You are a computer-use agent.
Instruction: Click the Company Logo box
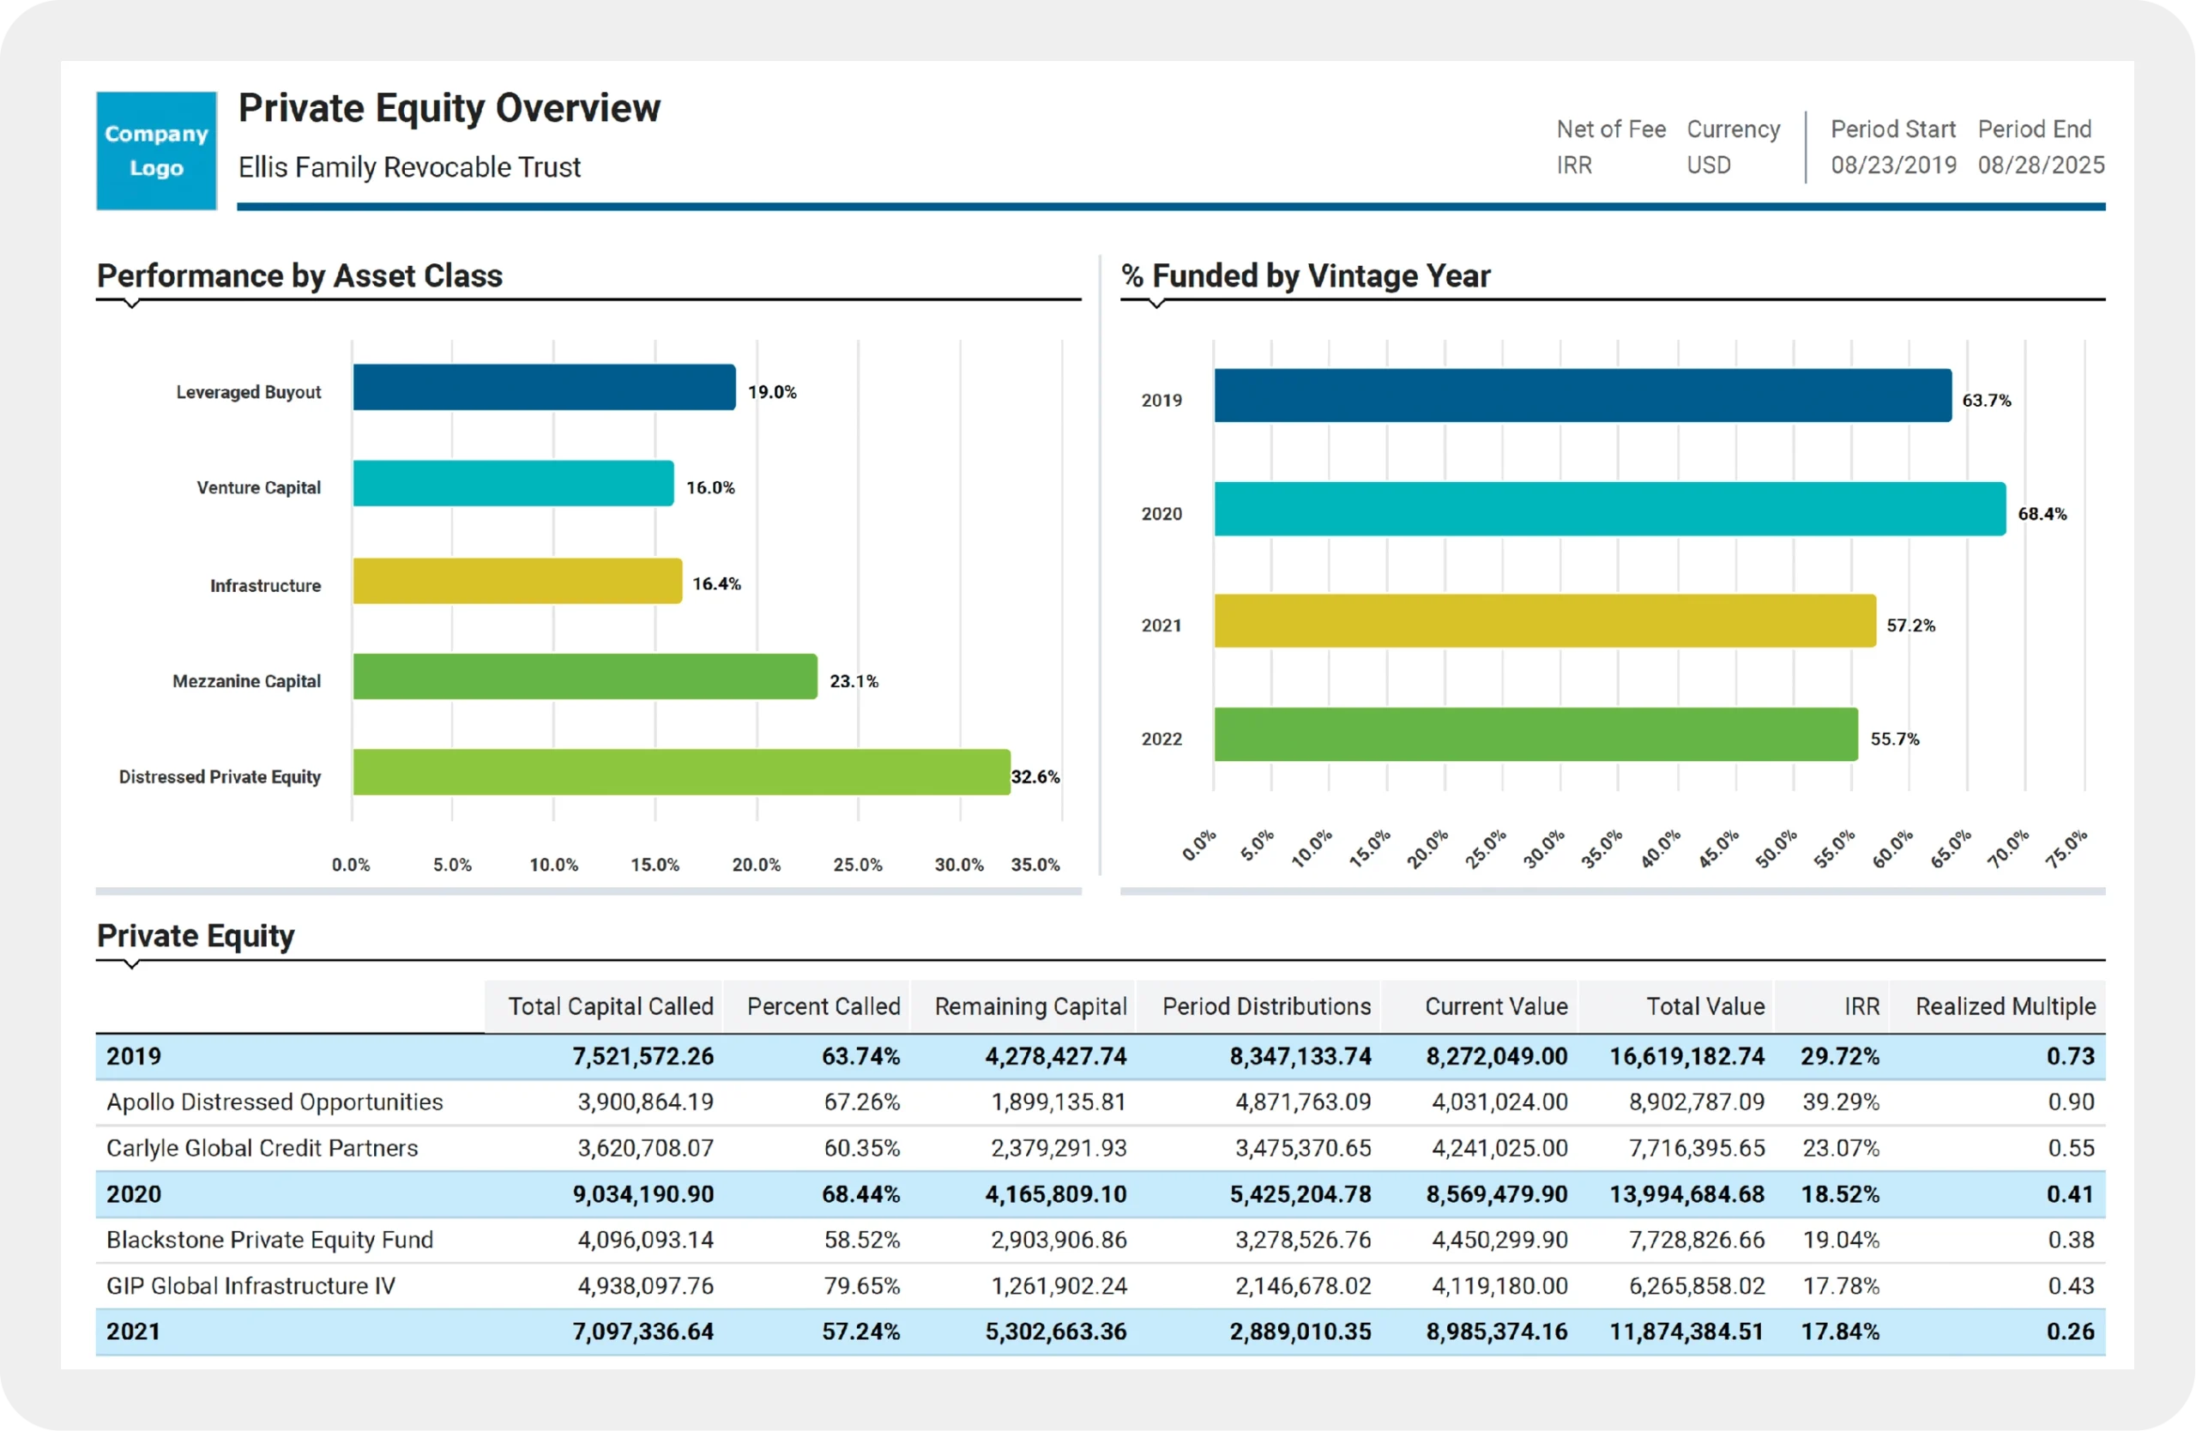pyautogui.click(x=156, y=150)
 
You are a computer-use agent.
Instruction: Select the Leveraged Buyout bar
pyautogui.click(x=544, y=388)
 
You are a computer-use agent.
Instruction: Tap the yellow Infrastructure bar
pyautogui.click(x=516, y=582)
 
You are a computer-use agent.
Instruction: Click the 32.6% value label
pyautogui.click(x=1035, y=777)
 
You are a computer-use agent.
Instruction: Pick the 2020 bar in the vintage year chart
pyautogui.click(x=1608, y=509)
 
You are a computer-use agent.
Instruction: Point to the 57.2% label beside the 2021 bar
pyautogui.click(x=1910, y=625)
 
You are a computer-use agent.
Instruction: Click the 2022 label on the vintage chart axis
pyautogui.click(x=1161, y=739)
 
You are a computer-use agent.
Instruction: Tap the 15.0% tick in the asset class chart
pyautogui.click(x=655, y=865)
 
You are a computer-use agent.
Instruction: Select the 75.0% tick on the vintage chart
pyautogui.click(x=2066, y=848)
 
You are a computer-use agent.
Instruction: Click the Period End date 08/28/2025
pyautogui.click(x=2040, y=166)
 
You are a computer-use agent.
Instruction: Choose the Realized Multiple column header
pyautogui.click(x=2005, y=1006)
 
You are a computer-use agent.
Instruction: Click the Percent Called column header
pyautogui.click(x=823, y=1006)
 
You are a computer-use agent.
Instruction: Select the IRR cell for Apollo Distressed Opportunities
pyautogui.click(x=1840, y=1102)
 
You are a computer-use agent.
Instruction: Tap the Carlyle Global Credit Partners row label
pyautogui.click(x=262, y=1148)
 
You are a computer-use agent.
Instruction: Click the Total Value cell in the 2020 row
pyautogui.click(x=1686, y=1194)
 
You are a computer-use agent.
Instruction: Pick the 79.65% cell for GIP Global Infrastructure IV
pyautogui.click(x=861, y=1285)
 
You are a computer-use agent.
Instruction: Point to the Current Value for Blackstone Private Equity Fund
pyautogui.click(x=1499, y=1240)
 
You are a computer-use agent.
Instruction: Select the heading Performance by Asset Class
pyautogui.click(x=300, y=276)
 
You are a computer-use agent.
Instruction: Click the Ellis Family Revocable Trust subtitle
pyautogui.click(x=409, y=167)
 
